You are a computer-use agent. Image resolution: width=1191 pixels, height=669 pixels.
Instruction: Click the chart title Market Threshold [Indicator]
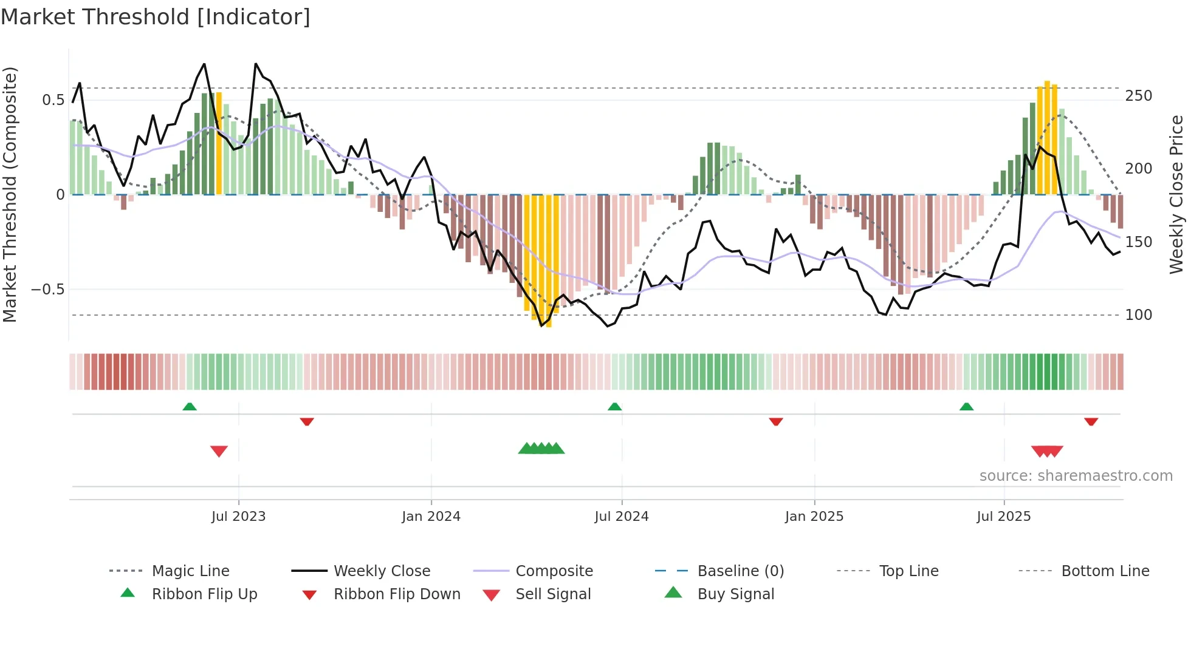click(x=156, y=17)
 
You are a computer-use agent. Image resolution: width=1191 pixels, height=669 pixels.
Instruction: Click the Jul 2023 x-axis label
click(x=238, y=517)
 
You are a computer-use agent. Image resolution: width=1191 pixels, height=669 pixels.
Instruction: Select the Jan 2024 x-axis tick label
click(x=431, y=517)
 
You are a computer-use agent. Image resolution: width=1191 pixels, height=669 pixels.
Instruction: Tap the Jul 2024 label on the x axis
click(x=621, y=517)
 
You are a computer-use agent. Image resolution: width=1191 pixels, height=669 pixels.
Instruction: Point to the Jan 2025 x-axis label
click(x=814, y=517)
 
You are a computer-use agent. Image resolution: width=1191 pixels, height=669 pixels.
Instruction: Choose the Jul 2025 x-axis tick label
click(x=1003, y=517)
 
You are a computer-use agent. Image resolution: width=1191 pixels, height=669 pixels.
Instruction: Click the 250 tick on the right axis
click(x=1138, y=96)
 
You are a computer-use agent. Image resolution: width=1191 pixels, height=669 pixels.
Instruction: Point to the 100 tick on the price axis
click(x=1138, y=315)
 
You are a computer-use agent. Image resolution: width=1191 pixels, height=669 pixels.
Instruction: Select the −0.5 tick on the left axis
click(x=48, y=290)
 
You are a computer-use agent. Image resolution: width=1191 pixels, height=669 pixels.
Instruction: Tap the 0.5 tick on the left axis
click(x=53, y=100)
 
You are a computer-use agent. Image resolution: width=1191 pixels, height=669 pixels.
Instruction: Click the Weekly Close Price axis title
click(x=1176, y=194)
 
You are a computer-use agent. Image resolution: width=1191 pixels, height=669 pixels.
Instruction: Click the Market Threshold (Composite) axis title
click(x=10, y=194)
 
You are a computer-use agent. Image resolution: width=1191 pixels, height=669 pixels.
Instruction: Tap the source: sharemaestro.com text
click(x=1076, y=476)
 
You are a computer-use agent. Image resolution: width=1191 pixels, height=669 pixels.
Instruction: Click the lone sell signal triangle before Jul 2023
click(x=219, y=451)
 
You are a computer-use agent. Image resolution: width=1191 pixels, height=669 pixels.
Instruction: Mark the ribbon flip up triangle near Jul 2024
click(x=614, y=407)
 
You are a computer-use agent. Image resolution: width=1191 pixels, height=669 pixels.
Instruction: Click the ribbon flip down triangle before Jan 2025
click(x=775, y=421)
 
